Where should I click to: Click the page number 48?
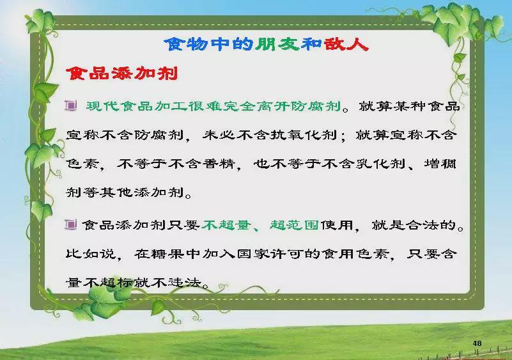(x=477, y=343)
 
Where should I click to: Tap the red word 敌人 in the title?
(x=346, y=44)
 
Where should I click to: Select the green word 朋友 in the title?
(x=277, y=44)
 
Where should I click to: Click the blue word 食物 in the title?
(x=186, y=44)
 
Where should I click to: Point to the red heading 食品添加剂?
(x=122, y=73)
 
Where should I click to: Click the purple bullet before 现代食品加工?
(x=70, y=106)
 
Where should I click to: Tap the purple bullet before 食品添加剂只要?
(x=70, y=224)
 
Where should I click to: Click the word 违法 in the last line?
(x=185, y=282)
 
